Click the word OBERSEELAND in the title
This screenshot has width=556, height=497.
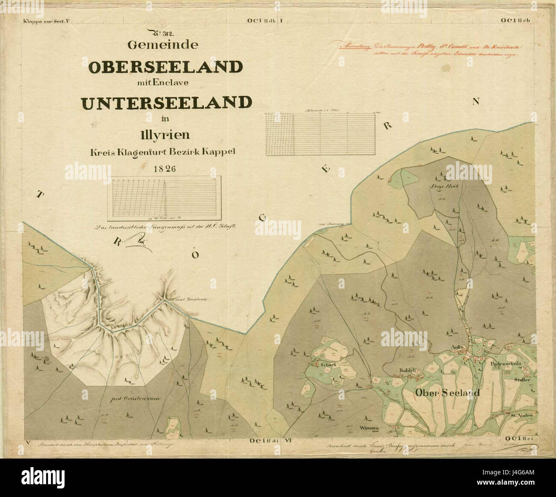pos(166,67)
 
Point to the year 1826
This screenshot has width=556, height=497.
pos(165,168)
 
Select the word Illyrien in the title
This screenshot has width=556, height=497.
pos(165,136)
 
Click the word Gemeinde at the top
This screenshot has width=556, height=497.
pos(165,44)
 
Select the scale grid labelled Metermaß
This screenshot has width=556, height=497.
pos(320,134)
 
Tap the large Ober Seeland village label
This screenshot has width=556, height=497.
pos(447,393)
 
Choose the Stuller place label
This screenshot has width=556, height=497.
pos(522,379)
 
